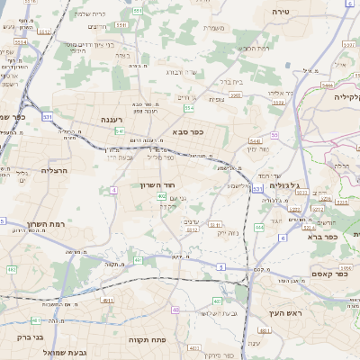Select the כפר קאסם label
[319, 274]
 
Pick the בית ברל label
[256, 80]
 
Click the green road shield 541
[120, 131]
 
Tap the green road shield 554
[189, 108]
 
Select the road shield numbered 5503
[235, 94]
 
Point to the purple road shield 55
[274, 135]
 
